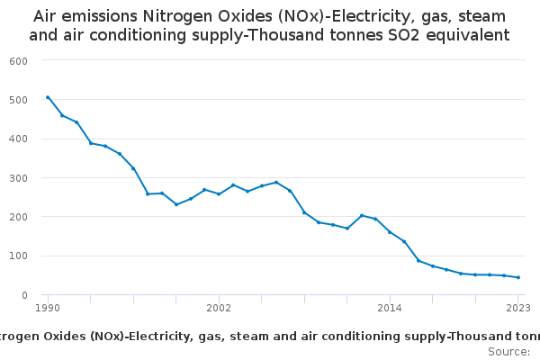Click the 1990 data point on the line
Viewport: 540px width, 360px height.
pos(48,97)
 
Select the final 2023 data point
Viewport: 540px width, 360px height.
pos(518,277)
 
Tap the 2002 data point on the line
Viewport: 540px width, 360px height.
pos(219,194)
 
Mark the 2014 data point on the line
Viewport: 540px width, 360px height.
pos(390,231)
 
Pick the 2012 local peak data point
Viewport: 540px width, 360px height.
pos(362,215)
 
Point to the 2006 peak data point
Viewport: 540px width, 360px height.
pos(276,182)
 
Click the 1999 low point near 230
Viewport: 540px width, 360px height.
pos(176,204)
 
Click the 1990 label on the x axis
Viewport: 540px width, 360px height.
pos(48,308)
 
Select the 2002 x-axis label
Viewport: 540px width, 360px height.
pos(219,308)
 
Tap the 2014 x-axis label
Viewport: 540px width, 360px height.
pos(390,308)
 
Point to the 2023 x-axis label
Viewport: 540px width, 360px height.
pos(517,308)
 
